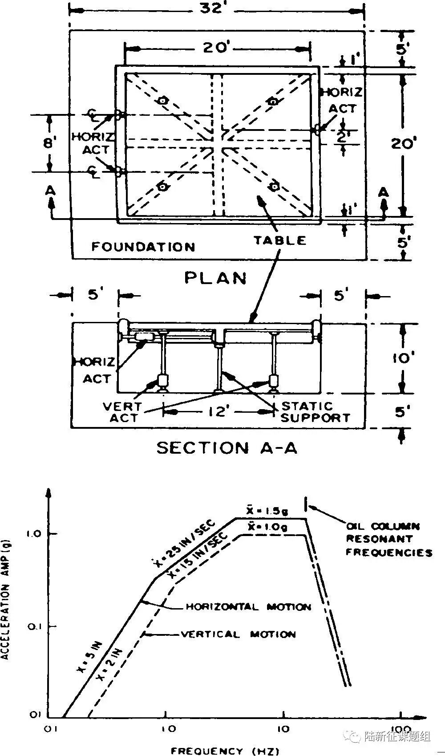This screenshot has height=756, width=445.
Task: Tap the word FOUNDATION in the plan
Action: [x=143, y=246]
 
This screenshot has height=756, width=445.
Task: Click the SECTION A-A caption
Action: [x=227, y=447]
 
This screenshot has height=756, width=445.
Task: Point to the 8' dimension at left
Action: [x=49, y=143]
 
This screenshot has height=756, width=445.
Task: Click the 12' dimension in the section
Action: [x=218, y=412]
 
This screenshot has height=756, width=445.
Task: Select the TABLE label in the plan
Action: [x=280, y=240]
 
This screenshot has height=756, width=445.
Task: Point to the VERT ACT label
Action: [x=122, y=412]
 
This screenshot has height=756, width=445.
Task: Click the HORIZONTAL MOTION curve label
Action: [x=248, y=607]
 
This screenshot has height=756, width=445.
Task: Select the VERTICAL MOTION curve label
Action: [x=238, y=634]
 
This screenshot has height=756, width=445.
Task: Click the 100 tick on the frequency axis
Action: [x=400, y=729]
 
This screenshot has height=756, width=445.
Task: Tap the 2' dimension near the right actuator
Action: [x=342, y=138]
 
